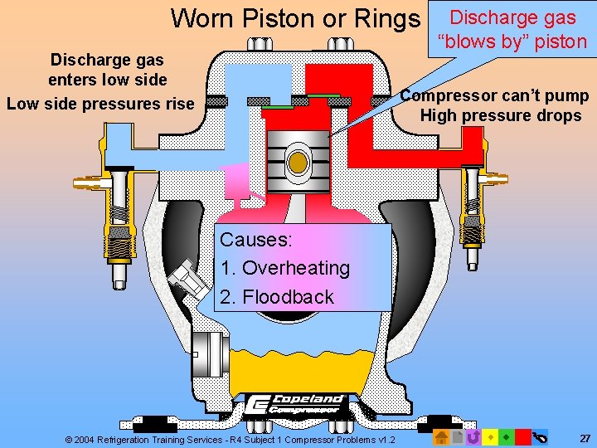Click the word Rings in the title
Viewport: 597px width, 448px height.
(x=386, y=17)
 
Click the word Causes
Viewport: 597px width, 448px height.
(x=255, y=240)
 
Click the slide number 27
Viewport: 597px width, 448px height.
(x=585, y=436)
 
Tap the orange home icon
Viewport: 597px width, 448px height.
(x=442, y=436)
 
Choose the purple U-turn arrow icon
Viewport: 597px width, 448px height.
(x=473, y=436)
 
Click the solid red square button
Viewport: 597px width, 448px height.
(x=522, y=436)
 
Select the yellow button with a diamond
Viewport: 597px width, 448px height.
(x=490, y=436)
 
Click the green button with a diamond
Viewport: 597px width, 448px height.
(x=506, y=436)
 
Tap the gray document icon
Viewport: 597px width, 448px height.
(x=458, y=436)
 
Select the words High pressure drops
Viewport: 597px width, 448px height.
(x=500, y=115)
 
